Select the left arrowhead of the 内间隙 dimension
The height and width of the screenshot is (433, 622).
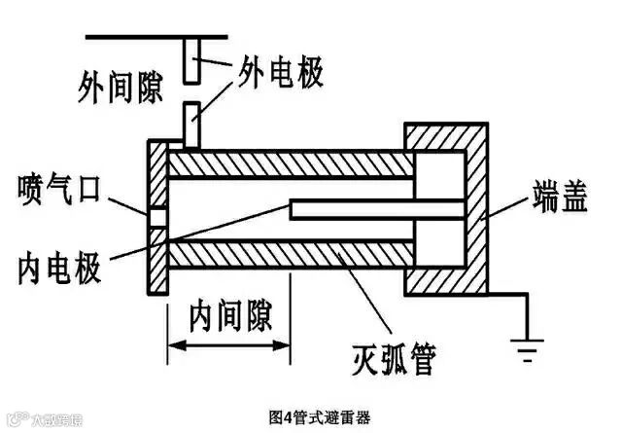point(176,343)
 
